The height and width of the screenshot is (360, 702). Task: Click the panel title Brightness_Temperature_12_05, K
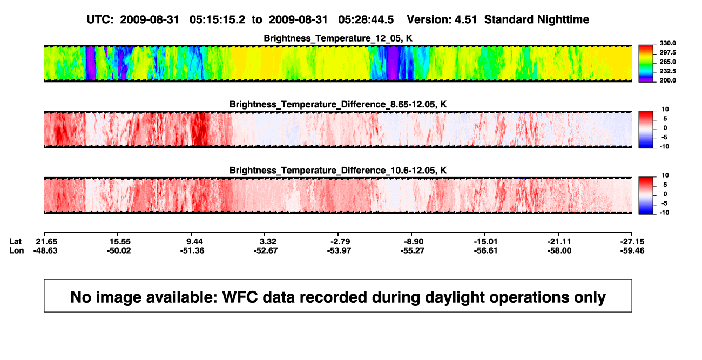click(x=338, y=38)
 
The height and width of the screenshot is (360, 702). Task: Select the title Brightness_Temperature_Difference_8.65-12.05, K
click(x=338, y=104)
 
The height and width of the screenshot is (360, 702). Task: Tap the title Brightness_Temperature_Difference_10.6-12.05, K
click(x=338, y=171)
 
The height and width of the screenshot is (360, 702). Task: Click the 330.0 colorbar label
click(x=667, y=43)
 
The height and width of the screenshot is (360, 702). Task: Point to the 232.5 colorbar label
click(x=667, y=71)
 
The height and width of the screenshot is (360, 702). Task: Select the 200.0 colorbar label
click(x=667, y=80)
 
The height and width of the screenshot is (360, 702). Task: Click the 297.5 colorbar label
click(x=667, y=53)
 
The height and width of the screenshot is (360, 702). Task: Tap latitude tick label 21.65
click(x=46, y=242)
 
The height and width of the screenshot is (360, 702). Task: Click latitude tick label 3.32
click(x=268, y=242)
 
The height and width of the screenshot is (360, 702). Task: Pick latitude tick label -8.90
click(x=414, y=242)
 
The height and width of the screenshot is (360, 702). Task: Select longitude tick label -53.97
click(x=339, y=250)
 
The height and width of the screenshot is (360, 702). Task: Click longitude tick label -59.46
click(x=632, y=250)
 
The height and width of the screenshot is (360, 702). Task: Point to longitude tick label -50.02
click(x=118, y=250)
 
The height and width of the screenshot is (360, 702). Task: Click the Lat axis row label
click(x=15, y=242)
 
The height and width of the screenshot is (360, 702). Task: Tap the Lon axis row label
click(x=17, y=250)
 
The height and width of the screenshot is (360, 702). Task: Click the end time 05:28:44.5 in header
click(x=366, y=19)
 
